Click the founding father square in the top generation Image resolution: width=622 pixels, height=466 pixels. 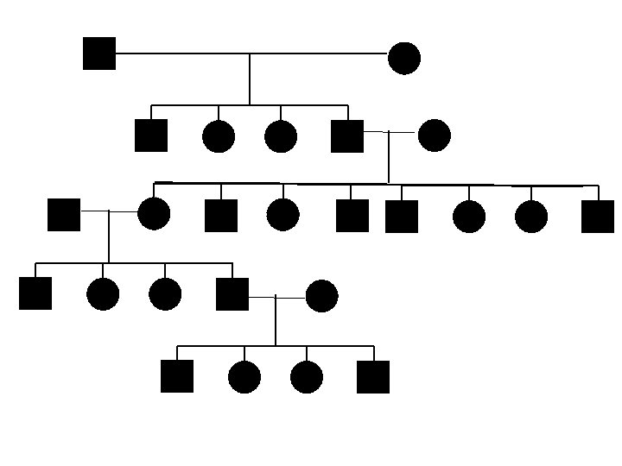point(99,54)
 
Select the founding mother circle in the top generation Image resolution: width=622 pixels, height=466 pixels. point(404,58)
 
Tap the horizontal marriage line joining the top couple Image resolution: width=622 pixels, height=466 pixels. point(251,54)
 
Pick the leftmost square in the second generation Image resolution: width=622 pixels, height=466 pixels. point(151,135)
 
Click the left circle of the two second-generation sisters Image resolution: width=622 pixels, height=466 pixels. point(219,136)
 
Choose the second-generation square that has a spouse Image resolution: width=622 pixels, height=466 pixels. point(347,135)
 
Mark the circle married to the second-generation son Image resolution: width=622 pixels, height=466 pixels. point(434,135)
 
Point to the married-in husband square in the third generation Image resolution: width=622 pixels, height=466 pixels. point(64,214)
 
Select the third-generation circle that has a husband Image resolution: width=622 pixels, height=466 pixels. point(154,214)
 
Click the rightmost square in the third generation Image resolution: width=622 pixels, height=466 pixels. point(598,217)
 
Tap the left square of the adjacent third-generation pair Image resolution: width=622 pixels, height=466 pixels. point(352,216)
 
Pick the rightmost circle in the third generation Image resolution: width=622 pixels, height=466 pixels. point(531,217)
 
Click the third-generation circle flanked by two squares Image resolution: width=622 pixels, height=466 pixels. point(283,215)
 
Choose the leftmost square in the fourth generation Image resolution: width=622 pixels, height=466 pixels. point(35,293)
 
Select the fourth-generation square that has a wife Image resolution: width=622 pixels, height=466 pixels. point(232,294)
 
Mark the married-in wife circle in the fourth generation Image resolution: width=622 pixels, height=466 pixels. point(321,296)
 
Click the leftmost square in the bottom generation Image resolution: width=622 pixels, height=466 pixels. point(177,376)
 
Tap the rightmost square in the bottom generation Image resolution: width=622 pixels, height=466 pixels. point(373,377)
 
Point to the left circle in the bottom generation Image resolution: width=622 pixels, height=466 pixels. point(244,377)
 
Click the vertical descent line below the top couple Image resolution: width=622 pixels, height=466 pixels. point(250,79)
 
